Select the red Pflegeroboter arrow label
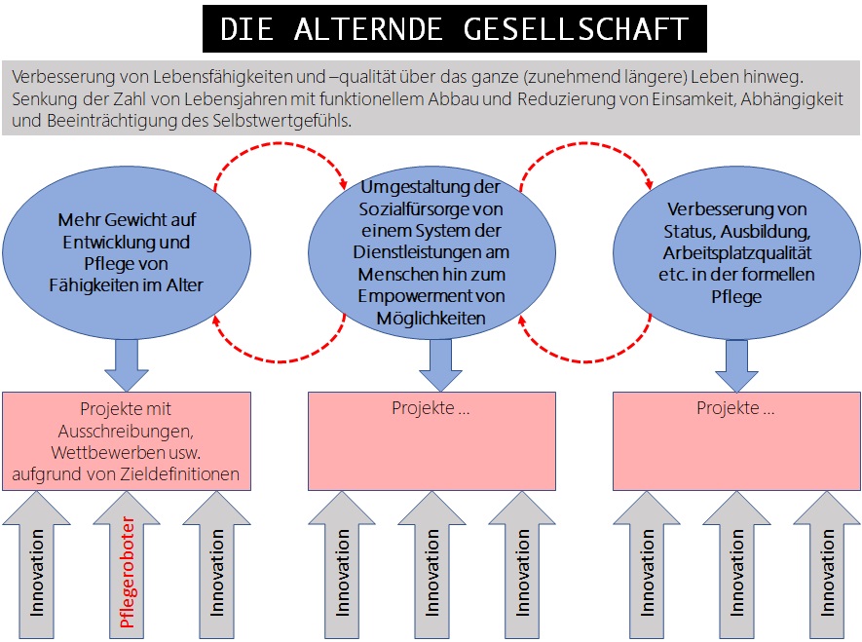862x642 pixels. (126, 574)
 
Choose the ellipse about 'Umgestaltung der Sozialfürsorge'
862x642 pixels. (430, 251)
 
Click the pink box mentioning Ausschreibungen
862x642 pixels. (127, 441)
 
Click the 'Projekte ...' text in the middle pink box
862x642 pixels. (431, 408)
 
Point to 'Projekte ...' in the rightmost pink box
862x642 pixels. (735, 408)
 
